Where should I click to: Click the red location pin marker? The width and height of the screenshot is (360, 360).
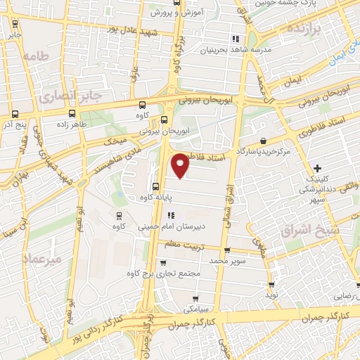point(181,165)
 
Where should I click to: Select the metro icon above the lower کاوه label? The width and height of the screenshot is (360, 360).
point(118,216)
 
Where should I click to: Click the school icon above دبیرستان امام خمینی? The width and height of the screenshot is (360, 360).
point(170,216)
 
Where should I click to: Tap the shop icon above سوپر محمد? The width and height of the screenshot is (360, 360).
point(226,250)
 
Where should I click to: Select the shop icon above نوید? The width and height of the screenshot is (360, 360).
point(271,284)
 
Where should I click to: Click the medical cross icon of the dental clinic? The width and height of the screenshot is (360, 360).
point(318,169)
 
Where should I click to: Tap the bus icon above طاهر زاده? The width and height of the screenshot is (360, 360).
point(72,112)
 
